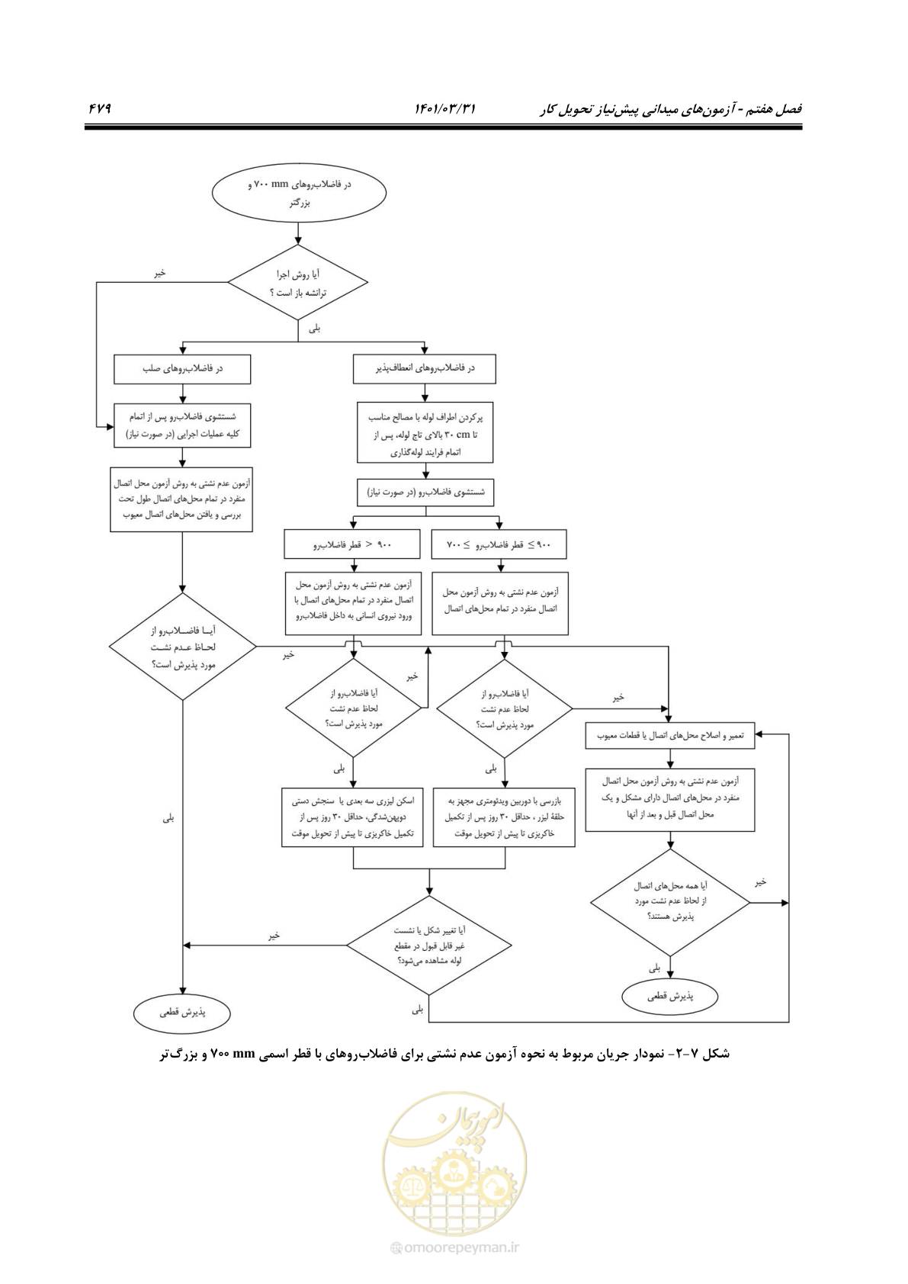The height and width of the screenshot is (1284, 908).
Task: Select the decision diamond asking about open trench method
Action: point(297,281)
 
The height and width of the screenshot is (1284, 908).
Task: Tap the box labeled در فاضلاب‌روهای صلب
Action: point(182,368)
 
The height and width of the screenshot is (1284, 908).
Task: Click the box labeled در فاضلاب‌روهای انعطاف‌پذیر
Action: point(424,368)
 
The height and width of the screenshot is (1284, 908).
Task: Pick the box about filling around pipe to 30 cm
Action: point(425,432)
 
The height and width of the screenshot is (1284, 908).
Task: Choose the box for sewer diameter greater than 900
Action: point(352,544)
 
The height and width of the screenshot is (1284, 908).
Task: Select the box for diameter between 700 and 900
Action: point(499,544)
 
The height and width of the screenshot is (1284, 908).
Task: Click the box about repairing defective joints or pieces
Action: point(669,736)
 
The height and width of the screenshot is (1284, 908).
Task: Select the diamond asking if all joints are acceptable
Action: point(670,902)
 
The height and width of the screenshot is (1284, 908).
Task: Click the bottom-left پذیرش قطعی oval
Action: point(182,1013)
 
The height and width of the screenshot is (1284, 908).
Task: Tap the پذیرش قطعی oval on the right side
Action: point(670,996)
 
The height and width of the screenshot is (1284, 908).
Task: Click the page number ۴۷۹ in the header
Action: point(100,108)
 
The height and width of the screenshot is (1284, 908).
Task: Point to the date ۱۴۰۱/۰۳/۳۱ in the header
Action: point(444,108)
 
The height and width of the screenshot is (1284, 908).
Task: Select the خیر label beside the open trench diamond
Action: point(159,274)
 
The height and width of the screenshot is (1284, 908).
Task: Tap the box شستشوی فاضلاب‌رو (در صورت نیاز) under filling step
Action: point(425,493)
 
